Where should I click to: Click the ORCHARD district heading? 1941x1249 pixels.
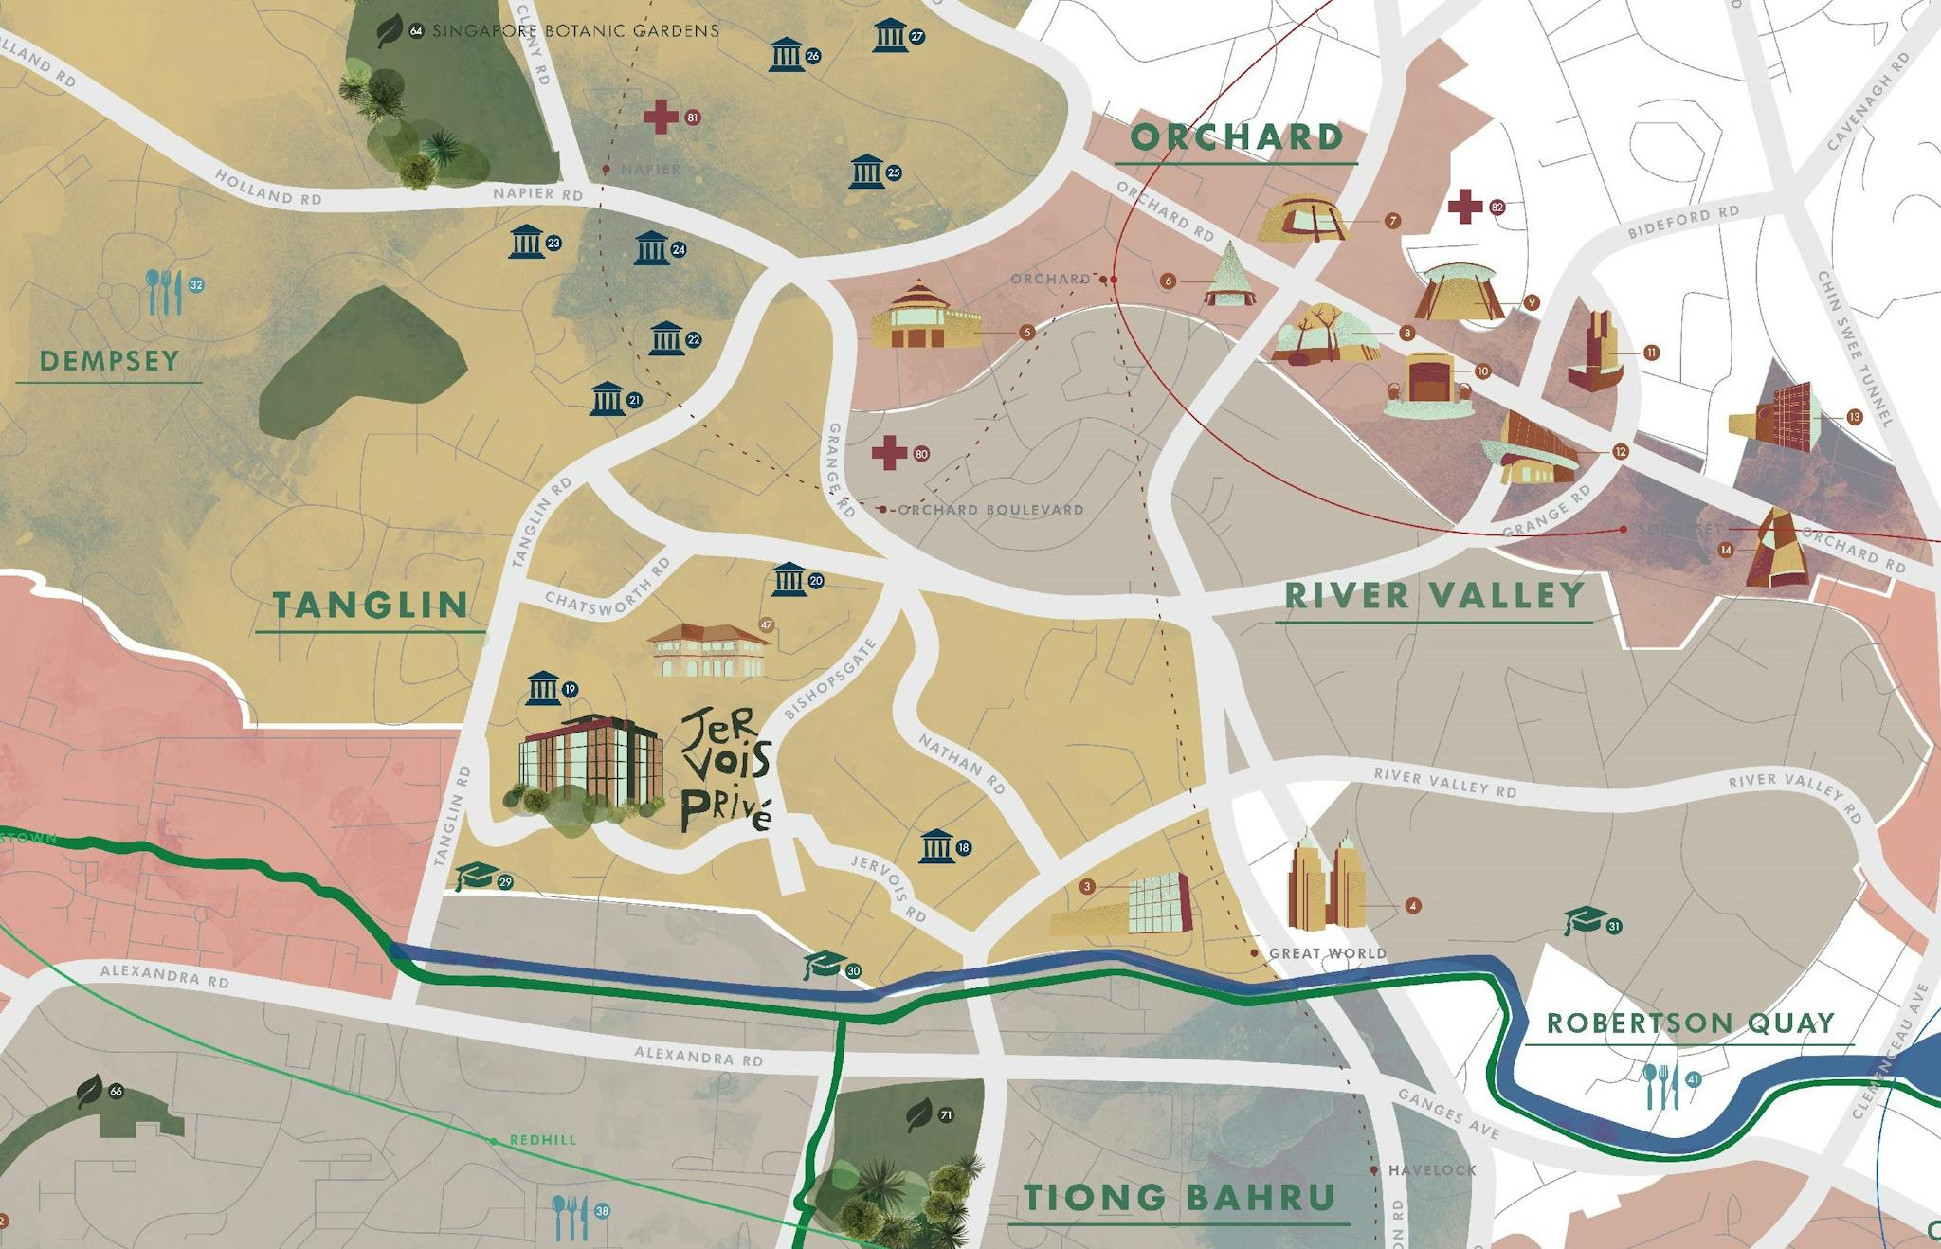[1237, 137]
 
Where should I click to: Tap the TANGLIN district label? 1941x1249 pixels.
[371, 606]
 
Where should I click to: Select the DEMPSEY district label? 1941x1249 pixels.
[109, 361]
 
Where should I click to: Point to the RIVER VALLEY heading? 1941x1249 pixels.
[1434, 596]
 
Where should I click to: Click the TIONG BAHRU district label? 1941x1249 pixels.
[1179, 1198]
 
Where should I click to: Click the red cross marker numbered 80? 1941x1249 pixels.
[889, 453]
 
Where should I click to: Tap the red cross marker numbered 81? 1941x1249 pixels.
[661, 117]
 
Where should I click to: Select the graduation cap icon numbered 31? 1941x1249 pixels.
[1584, 920]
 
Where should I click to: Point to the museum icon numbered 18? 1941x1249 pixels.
[936, 845]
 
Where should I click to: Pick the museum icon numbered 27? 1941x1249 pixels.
[889, 36]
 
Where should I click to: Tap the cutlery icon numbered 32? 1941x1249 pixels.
[164, 291]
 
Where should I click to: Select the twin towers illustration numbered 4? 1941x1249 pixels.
[1327, 883]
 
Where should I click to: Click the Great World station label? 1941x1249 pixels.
[1327, 953]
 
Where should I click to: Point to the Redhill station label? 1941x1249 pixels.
[542, 1140]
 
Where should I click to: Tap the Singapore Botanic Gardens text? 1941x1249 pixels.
[575, 31]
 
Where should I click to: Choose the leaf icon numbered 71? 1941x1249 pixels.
[920, 1115]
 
